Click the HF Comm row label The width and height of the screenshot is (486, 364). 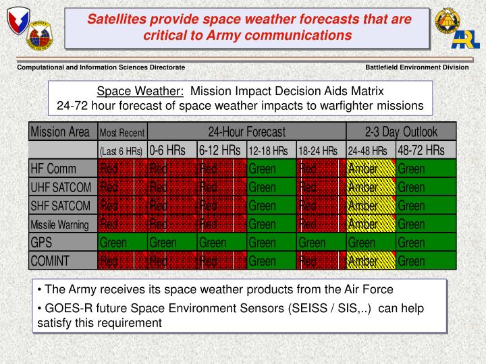tap(53, 169)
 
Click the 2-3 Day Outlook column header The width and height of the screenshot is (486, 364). tap(401, 131)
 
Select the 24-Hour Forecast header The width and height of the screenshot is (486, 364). tap(246, 131)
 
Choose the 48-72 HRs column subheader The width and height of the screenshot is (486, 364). tap(426, 150)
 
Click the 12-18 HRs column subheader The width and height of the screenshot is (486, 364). tap(271, 150)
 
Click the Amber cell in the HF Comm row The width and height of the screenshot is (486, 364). tap(371, 169)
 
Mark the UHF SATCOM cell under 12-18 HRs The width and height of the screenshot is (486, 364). tap(271, 187)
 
